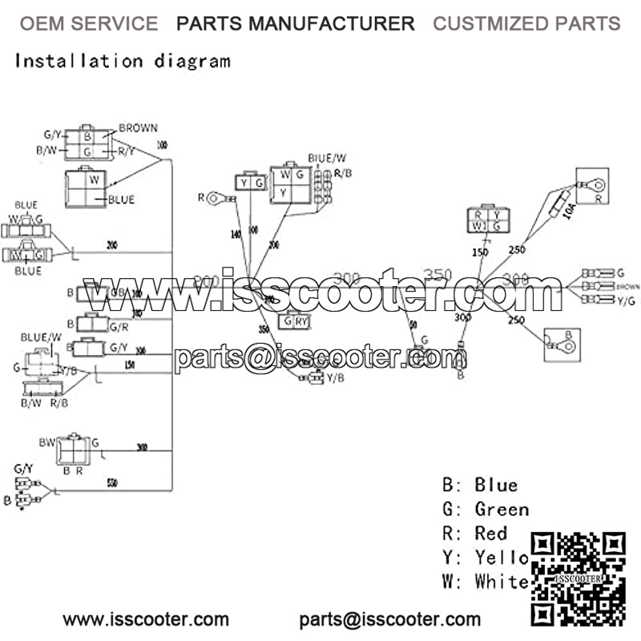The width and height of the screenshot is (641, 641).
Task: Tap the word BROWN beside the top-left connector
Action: (138, 128)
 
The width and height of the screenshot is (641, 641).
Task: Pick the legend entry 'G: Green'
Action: (486, 509)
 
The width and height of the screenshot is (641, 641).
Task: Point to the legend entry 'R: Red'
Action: (474, 533)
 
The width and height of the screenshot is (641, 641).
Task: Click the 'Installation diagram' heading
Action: (123, 60)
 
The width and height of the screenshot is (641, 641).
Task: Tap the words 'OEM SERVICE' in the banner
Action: (88, 24)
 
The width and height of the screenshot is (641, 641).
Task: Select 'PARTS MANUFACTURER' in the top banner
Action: (296, 24)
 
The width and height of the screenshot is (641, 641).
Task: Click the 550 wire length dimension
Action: (113, 483)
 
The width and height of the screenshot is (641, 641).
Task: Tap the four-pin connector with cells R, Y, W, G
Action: (489, 220)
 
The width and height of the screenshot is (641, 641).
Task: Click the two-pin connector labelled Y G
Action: (249, 184)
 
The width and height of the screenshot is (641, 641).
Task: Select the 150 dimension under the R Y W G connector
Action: (480, 253)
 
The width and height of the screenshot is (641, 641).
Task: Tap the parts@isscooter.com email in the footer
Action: (390, 619)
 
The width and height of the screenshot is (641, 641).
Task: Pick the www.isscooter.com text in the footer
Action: (146, 619)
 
